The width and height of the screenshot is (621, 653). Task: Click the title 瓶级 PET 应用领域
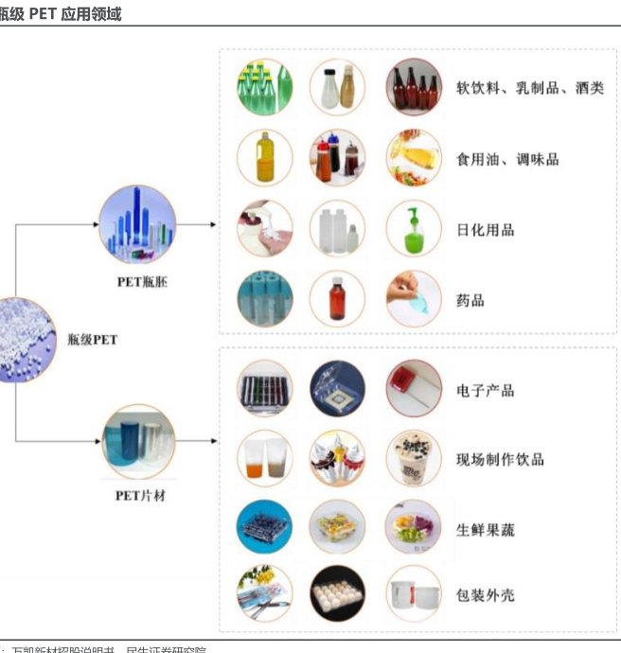(x=61, y=14)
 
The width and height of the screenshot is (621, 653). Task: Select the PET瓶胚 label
(x=142, y=281)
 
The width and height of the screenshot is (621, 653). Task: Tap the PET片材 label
(x=140, y=495)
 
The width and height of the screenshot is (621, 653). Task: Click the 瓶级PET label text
(x=93, y=339)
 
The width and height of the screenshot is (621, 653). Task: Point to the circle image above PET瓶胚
(x=137, y=225)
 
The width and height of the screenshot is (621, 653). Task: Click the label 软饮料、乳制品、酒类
(x=529, y=89)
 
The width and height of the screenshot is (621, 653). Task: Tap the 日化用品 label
(x=485, y=229)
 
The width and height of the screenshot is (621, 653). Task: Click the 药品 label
(x=470, y=300)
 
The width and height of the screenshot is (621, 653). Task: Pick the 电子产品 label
(x=485, y=390)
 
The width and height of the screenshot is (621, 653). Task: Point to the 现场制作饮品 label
(x=500, y=460)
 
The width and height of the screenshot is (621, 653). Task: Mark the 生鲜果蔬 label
(x=485, y=530)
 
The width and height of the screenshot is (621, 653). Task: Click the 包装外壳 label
(x=485, y=595)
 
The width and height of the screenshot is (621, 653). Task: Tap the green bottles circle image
(x=265, y=87)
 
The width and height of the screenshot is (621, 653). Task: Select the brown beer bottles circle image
(x=414, y=87)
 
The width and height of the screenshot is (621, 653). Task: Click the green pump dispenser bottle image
(x=414, y=228)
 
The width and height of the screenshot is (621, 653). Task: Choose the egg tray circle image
(x=338, y=593)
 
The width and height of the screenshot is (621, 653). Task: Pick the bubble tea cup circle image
(x=414, y=459)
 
